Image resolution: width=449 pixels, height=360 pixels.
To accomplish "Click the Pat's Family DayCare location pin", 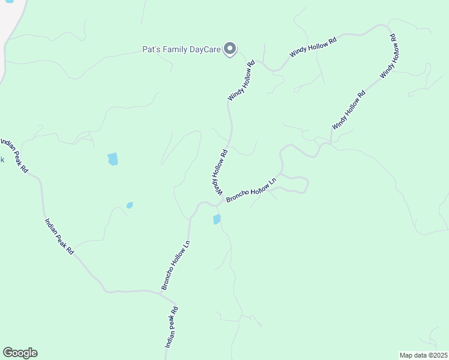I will (x=229, y=49).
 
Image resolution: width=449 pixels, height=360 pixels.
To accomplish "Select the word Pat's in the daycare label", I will (x=151, y=49).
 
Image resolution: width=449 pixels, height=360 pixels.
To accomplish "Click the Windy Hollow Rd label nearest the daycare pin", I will (x=241, y=80).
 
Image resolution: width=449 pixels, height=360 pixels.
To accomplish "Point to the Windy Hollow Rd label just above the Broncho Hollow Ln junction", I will (x=218, y=172).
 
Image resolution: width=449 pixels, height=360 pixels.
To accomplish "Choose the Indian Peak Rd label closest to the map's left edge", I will (x=14, y=155).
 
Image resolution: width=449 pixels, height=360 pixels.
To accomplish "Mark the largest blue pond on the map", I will (x=112, y=159).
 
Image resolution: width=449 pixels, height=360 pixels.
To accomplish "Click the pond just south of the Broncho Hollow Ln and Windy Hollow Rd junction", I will (x=217, y=220).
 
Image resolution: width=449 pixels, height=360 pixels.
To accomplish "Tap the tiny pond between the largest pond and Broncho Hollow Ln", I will (x=130, y=205).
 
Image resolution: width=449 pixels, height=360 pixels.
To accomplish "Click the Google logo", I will (x=20, y=353).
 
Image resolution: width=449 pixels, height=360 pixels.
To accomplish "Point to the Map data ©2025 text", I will (x=423, y=355).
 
